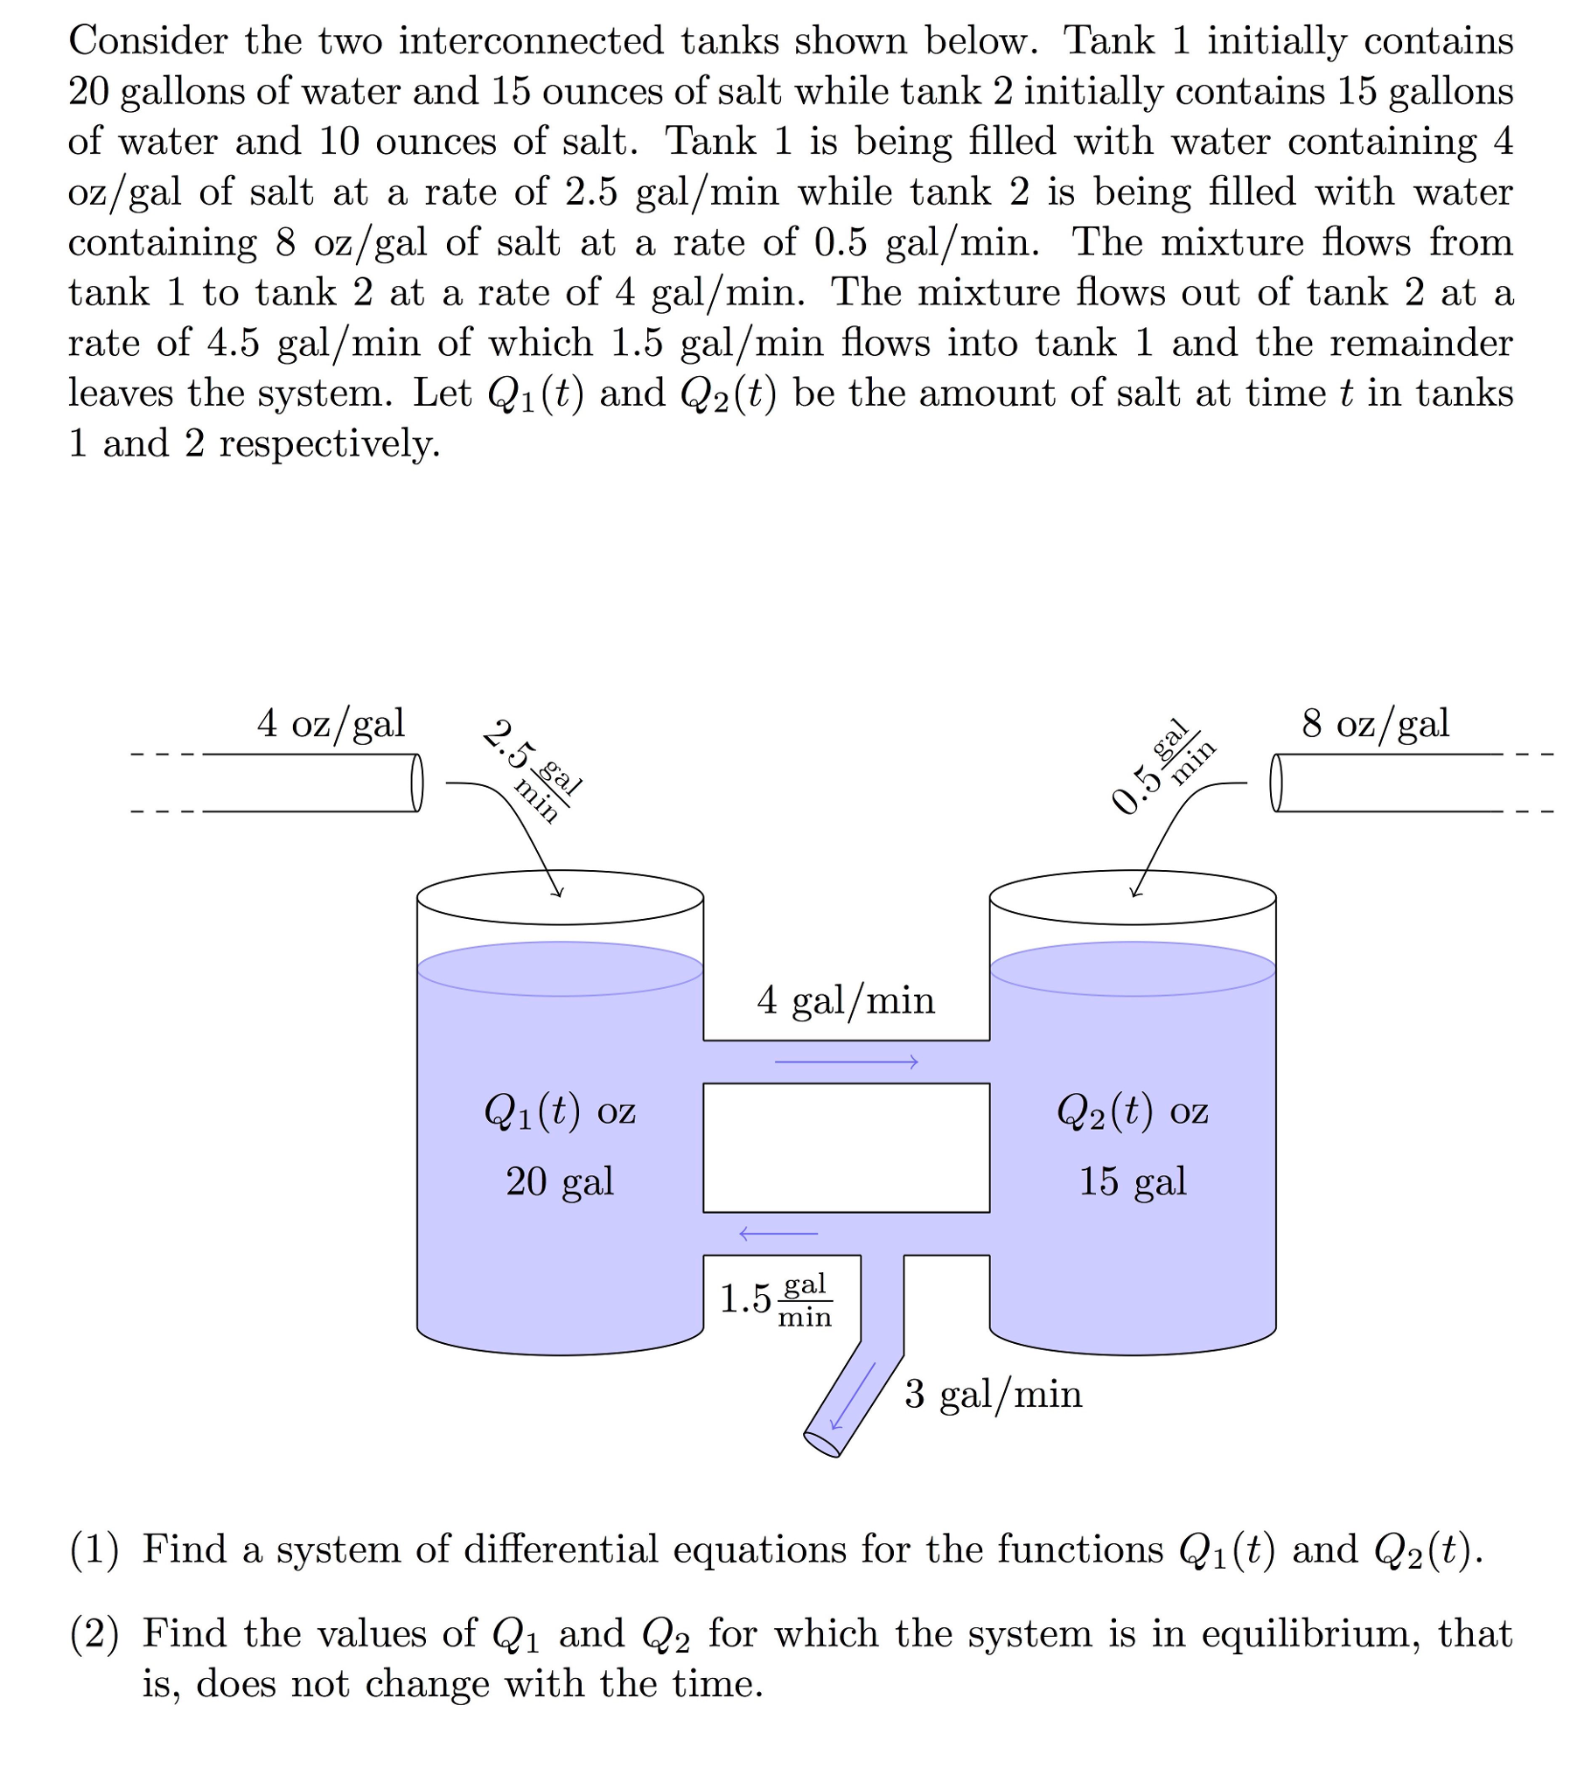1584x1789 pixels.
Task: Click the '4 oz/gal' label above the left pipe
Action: (x=331, y=724)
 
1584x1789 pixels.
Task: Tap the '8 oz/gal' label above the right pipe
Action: (x=1376, y=724)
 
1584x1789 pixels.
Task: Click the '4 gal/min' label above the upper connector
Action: (x=846, y=1000)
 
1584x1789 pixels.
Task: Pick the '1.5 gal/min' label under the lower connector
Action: (x=776, y=1298)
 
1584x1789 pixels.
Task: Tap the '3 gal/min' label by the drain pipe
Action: (x=994, y=1395)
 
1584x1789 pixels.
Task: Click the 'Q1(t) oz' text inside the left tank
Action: (x=561, y=1111)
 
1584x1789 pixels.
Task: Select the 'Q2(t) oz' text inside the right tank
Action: (x=1132, y=1111)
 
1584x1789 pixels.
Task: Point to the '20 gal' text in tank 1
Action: (x=561, y=1181)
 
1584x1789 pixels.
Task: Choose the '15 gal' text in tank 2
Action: (x=1132, y=1181)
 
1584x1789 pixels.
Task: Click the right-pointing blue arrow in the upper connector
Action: (x=846, y=1062)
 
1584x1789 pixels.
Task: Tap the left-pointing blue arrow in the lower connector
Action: (x=778, y=1234)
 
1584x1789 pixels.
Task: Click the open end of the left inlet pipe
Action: (x=418, y=783)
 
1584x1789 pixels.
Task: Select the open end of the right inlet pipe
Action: (x=1277, y=783)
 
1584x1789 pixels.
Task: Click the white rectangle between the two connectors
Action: (x=846, y=1147)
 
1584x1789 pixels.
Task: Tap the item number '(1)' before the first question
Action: (x=94, y=1549)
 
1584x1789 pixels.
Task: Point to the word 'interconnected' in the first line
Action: (x=532, y=40)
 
